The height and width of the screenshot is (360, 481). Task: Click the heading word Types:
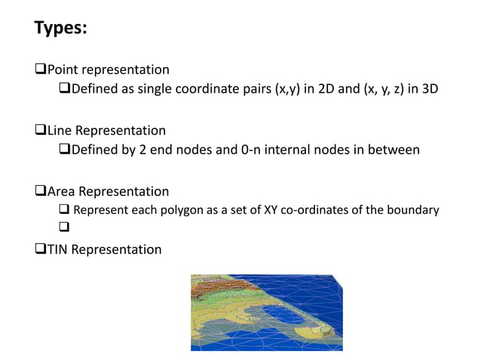61,29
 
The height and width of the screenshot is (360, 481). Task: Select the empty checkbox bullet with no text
63,229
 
